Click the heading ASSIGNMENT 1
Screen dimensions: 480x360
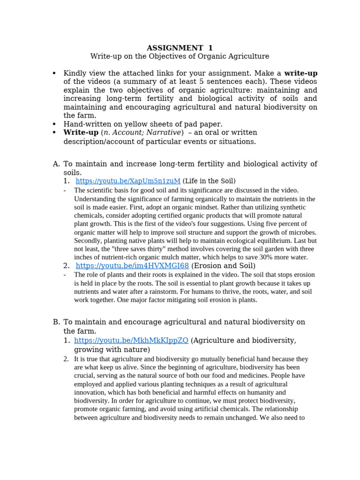pyautogui.click(x=180, y=48)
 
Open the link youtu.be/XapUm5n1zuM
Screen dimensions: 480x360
pyautogui.click(x=128, y=181)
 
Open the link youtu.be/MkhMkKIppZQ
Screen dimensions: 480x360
pyautogui.click(x=131, y=340)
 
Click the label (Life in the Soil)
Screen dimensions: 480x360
pyautogui.click(x=209, y=181)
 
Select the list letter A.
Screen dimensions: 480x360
pyautogui.click(x=56, y=164)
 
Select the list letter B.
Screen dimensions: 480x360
pyautogui.click(x=56, y=322)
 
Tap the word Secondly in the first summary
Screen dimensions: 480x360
pyautogui.click(x=87, y=240)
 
